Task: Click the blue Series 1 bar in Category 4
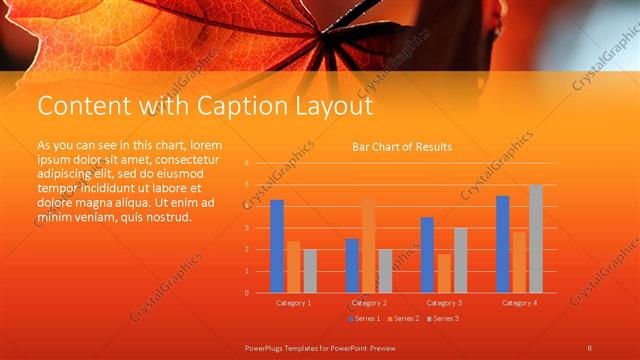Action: coord(503,244)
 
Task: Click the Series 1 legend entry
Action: coord(363,318)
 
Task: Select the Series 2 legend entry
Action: coord(402,318)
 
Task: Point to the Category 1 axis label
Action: coord(293,302)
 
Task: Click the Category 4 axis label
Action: coord(519,302)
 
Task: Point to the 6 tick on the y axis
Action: coord(247,162)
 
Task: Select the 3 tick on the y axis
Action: coord(247,227)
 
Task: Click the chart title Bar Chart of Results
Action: coord(402,147)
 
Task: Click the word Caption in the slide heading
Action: coord(234,106)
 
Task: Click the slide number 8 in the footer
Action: coord(590,347)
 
